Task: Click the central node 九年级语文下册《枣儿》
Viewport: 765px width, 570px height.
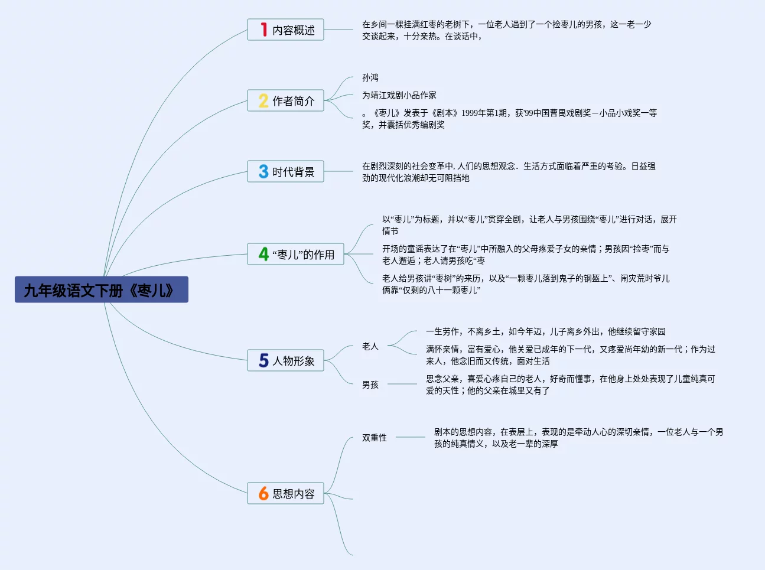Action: [101, 290]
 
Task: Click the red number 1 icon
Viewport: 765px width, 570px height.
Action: [263, 30]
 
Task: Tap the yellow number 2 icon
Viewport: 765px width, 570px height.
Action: [263, 100]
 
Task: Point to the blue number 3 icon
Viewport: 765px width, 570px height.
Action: [263, 171]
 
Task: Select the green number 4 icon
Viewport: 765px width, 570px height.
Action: [263, 254]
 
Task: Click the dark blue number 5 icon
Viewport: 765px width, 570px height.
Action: [263, 360]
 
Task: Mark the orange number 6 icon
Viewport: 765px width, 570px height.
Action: [263, 493]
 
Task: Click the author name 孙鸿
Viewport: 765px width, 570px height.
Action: [370, 77]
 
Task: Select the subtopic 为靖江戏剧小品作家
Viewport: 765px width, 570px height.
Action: [399, 95]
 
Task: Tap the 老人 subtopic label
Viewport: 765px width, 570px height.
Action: [370, 346]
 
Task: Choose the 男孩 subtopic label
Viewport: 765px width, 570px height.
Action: [370, 385]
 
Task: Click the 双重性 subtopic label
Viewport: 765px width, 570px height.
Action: [375, 438]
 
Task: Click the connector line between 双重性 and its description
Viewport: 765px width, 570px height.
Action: [411, 438]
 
